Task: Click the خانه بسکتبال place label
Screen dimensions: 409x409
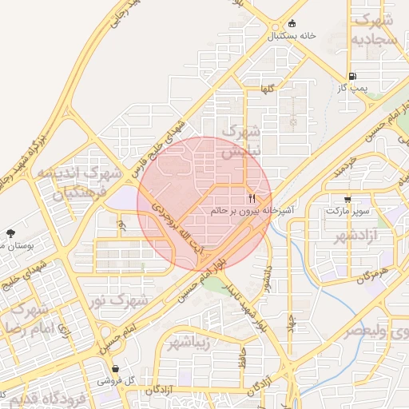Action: pos(292,36)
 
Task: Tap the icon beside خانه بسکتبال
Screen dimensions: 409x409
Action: pos(292,23)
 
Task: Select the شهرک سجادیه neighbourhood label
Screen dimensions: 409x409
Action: pos(376,29)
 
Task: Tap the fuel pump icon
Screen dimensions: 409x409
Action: pos(353,76)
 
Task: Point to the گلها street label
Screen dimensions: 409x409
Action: pos(266,89)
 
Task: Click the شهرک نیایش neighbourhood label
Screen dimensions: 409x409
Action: pos(241,141)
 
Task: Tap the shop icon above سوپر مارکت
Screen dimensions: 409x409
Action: pos(347,200)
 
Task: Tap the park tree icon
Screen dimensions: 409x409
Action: pos(10,233)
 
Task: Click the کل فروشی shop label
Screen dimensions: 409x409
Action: pos(116,381)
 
